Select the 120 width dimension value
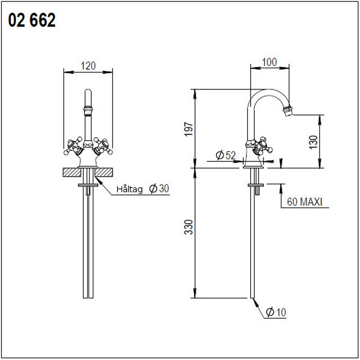point(88,66)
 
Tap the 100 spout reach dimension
point(269,63)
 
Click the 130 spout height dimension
point(314,141)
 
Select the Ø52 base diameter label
point(225,155)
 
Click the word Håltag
point(130,189)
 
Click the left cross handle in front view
point(72,144)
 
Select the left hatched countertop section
point(72,172)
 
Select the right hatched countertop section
point(104,172)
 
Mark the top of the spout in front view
point(88,92)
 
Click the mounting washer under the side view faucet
point(255,184)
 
